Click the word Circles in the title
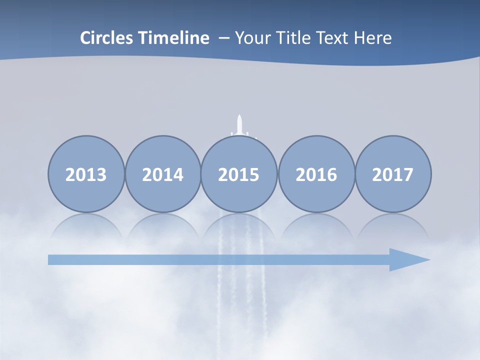[106, 38]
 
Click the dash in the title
[224, 38]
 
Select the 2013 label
[86, 174]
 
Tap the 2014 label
[162, 174]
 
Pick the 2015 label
[239, 174]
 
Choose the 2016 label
[316, 174]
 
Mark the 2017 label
[392, 174]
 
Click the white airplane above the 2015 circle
[240, 126]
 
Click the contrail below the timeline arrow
[239, 300]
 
